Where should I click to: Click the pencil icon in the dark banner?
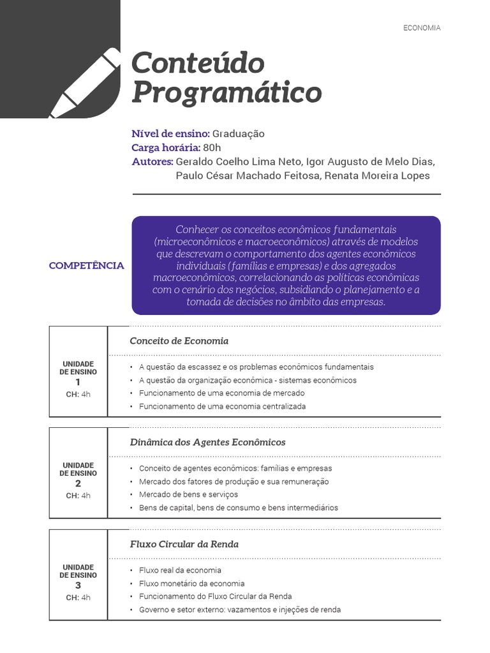coord(82,83)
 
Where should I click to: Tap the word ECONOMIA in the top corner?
coord(422,28)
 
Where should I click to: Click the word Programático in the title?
coord(226,92)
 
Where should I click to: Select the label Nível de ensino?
coord(170,134)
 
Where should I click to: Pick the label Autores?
coord(152,162)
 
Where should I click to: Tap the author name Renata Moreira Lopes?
coord(377,176)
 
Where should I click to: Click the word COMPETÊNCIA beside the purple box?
coord(87,265)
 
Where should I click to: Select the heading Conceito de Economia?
coord(179,341)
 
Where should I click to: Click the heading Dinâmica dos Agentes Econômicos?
coord(207,442)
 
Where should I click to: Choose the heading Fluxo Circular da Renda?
coord(184,544)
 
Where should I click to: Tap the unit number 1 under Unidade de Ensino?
coord(78,382)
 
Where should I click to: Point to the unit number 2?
coord(78,483)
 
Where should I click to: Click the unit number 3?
coord(78,585)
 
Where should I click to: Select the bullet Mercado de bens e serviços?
coord(188,494)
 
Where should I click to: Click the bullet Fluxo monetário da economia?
coord(191,583)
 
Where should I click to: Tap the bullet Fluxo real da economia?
coord(180,570)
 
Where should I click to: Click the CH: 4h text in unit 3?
coord(78,598)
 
